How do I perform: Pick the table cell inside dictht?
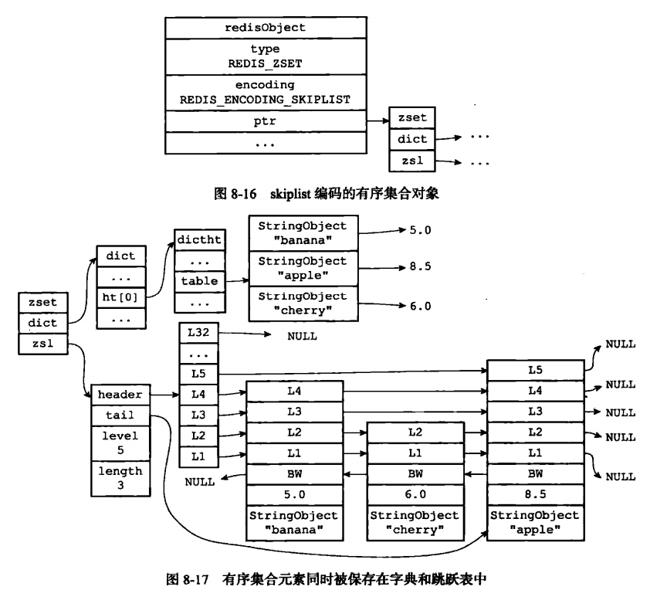click(x=199, y=282)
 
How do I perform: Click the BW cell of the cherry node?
click(x=415, y=472)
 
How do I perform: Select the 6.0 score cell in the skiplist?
click(x=415, y=493)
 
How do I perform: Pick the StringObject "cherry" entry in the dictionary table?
click(x=303, y=300)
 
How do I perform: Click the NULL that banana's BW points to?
click(x=200, y=482)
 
